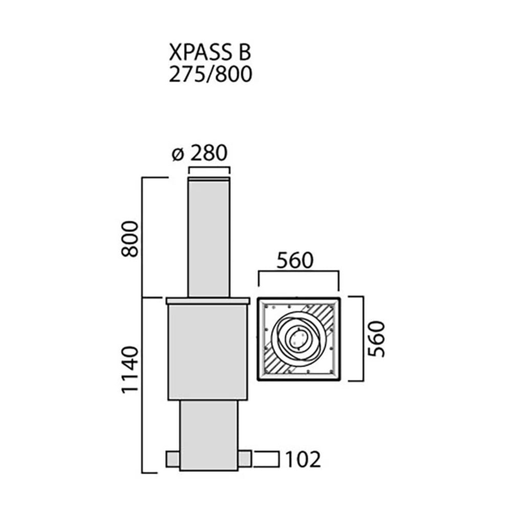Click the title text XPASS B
(210, 53)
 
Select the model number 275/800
(210, 74)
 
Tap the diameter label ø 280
(200, 153)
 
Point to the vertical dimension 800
(129, 238)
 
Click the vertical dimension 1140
(129, 369)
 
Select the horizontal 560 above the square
(295, 260)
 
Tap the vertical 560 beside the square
(376, 339)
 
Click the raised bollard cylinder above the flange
(209, 238)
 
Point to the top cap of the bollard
(209, 179)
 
